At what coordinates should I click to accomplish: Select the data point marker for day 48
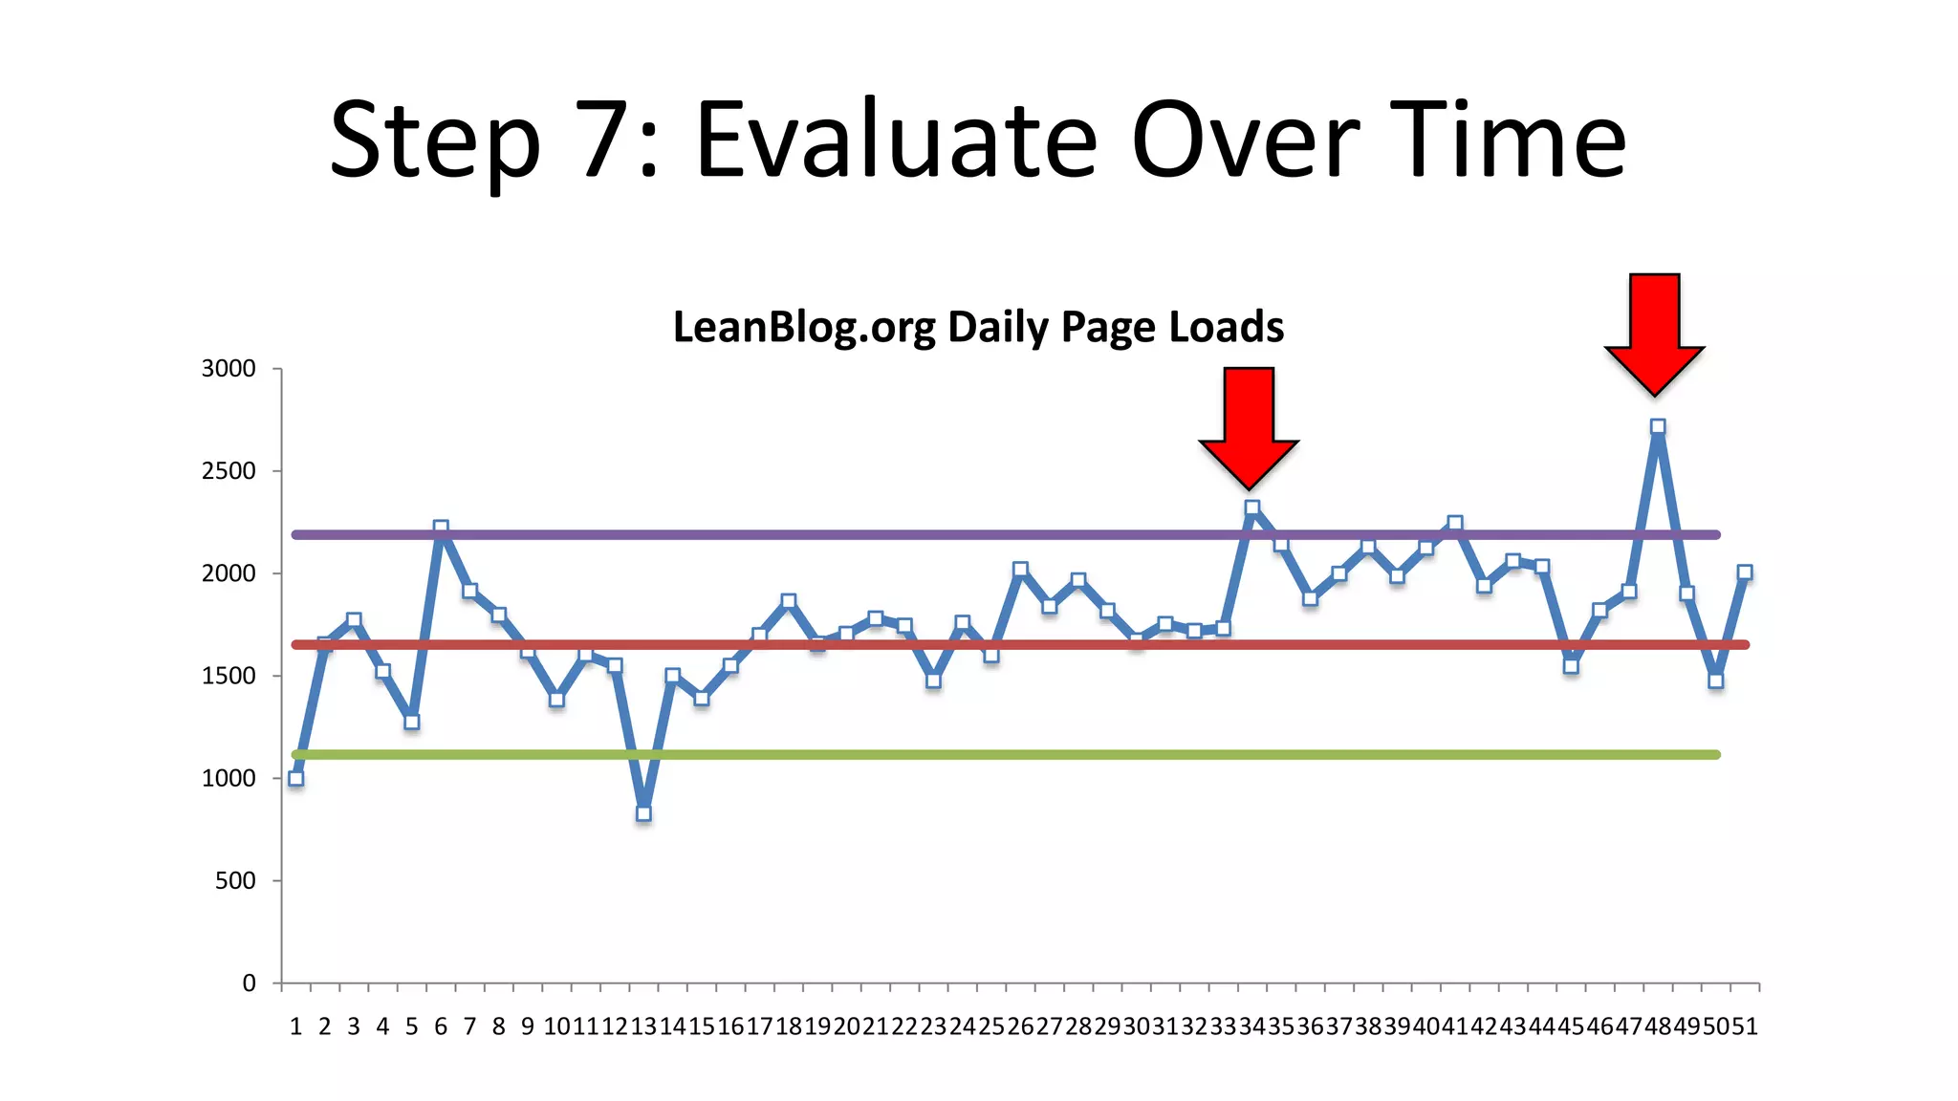(1658, 427)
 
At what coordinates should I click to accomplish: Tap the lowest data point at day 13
(643, 813)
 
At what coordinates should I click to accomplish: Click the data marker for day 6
(441, 529)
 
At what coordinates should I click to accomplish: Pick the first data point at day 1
(296, 778)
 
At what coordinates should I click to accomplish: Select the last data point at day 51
(1745, 572)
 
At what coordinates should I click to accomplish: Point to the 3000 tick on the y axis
(228, 369)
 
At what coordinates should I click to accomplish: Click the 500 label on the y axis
(235, 880)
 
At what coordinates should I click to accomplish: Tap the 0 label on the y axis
(249, 983)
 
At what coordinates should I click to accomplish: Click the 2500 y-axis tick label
(228, 471)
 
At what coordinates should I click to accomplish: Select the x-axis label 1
(296, 1026)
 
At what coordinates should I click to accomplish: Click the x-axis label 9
(528, 1026)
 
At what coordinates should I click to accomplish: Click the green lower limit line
(956, 755)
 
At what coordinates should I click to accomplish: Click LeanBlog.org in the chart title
(803, 328)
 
